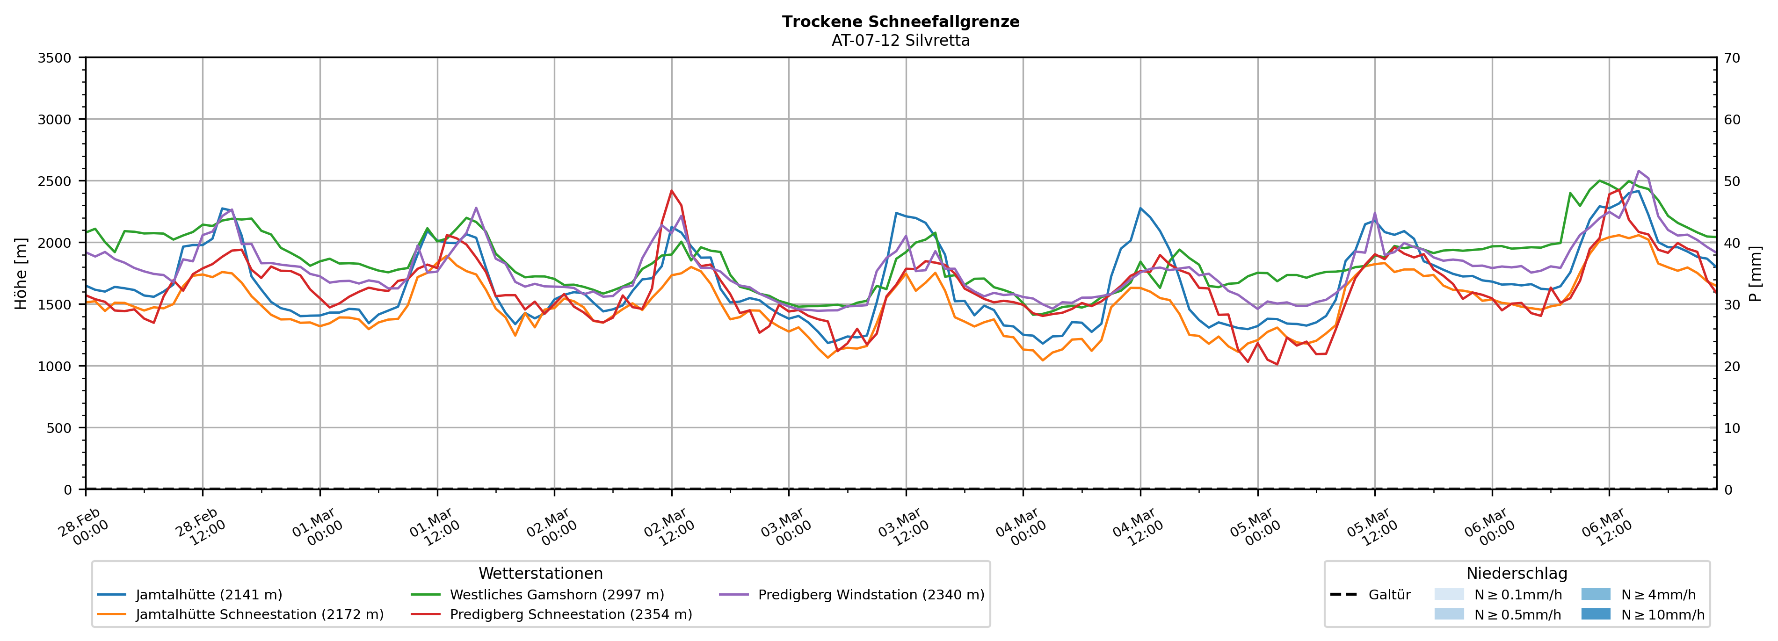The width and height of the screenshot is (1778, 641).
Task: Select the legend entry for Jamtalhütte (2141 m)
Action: (209, 595)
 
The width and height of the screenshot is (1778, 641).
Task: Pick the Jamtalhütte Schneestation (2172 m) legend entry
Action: (260, 614)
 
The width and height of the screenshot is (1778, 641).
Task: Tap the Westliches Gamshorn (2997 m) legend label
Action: (556, 595)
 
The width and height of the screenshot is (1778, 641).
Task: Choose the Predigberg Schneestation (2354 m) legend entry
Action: (570, 614)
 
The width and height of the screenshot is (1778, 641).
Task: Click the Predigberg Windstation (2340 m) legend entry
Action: (871, 595)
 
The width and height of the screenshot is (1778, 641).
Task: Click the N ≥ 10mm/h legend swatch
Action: (1596, 614)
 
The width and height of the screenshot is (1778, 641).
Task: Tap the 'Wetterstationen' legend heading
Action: (540, 573)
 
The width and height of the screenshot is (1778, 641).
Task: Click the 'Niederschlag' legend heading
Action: (1517, 573)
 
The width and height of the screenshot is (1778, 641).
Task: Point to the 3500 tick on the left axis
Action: (55, 58)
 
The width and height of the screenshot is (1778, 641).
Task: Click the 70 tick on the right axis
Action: (1732, 58)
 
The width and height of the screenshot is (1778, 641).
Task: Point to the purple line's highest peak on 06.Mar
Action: (1639, 171)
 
